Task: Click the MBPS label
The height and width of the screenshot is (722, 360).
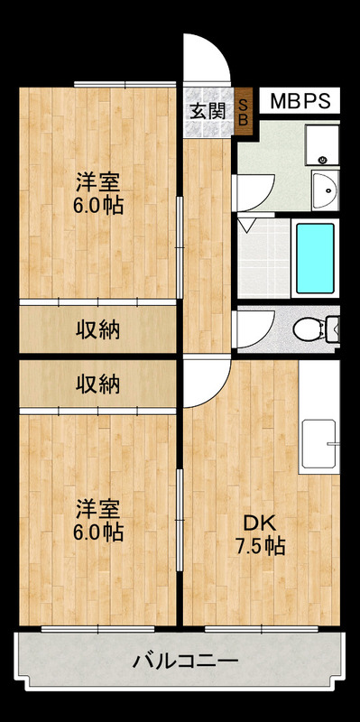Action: tap(300, 101)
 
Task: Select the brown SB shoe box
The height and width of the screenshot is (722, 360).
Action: tap(244, 111)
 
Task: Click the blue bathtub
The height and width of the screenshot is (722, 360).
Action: tap(315, 258)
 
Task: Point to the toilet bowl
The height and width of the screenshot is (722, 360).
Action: tap(309, 329)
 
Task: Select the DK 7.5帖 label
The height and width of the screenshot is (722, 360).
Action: tap(261, 535)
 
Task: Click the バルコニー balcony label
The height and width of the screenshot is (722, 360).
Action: tap(186, 662)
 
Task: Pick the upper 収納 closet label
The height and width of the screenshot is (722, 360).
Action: tap(97, 329)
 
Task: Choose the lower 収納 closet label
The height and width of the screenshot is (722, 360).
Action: tap(97, 384)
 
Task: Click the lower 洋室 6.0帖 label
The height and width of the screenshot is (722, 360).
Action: tap(98, 521)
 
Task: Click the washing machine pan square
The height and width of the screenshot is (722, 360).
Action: tap(322, 144)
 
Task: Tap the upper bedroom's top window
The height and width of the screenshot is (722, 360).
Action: tap(125, 84)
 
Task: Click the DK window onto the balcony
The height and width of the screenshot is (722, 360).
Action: tap(262, 629)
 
